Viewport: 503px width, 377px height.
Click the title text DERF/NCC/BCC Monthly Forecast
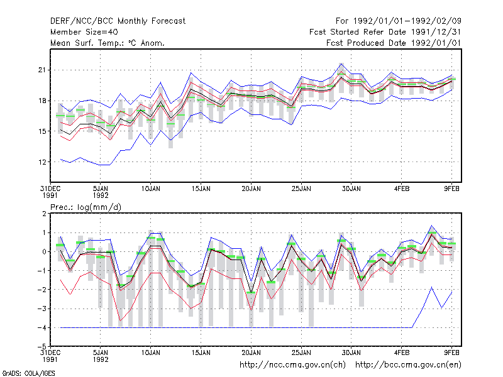(118, 21)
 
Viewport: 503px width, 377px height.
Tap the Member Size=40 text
(84, 32)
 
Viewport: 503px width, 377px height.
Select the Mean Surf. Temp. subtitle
(107, 43)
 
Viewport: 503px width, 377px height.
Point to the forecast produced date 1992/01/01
(394, 43)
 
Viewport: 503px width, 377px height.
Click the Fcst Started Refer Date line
(385, 32)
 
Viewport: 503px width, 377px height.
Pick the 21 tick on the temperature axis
(42, 70)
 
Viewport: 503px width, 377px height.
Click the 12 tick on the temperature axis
(42, 162)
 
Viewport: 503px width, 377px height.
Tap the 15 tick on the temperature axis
(42, 131)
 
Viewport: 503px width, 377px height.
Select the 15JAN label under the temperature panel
(201, 189)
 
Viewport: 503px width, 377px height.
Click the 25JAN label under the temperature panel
(301, 189)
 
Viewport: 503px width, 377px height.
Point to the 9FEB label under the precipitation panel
(451, 352)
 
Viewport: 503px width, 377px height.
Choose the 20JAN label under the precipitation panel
(251, 352)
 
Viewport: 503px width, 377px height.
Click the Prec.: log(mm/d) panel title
(86, 207)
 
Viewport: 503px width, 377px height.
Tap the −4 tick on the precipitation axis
(42, 327)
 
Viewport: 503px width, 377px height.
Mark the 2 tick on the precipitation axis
(44, 214)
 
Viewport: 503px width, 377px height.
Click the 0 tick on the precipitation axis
(44, 252)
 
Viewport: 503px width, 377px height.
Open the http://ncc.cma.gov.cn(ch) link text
(292, 365)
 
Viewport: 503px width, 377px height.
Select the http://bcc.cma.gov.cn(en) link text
(408, 365)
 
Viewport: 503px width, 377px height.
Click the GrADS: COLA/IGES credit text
(28, 373)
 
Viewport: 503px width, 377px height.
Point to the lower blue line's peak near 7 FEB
(432, 287)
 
